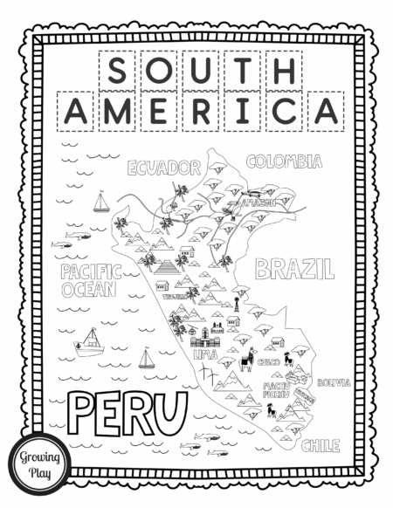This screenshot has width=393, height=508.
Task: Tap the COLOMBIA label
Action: (x=284, y=161)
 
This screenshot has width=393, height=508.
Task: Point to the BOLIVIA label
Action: (x=334, y=382)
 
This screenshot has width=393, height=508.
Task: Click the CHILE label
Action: (x=321, y=446)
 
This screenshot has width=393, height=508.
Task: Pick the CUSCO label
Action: (x=268, y=360)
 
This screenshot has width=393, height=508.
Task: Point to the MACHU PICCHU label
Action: (x=276, y=388)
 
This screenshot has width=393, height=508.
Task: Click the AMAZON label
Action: (x=259, y=202)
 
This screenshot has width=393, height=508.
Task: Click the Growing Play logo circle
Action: (x=31, y=460)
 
